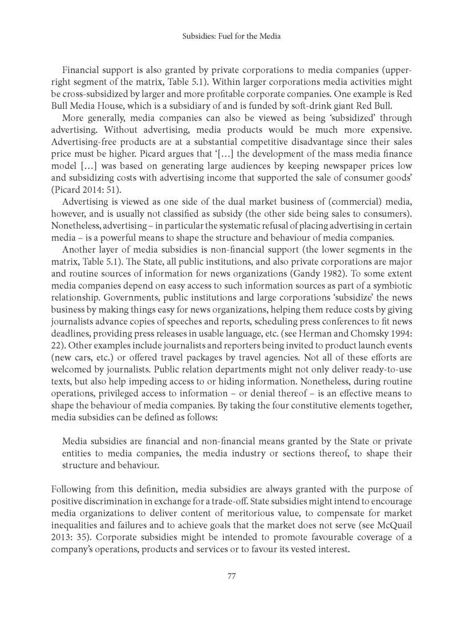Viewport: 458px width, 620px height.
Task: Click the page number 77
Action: click(228, 576)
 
